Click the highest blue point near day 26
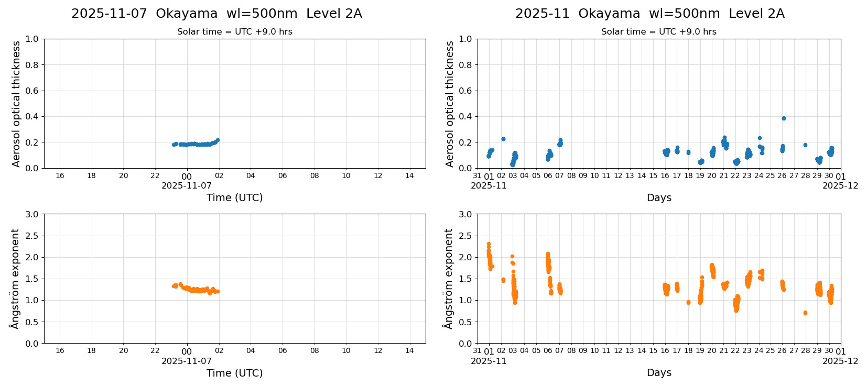click(784, 118)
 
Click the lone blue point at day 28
click(805, 145)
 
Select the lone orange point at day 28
click(805, 313)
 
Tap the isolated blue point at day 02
click(503, 139)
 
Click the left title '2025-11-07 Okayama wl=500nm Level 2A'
click(216, 14)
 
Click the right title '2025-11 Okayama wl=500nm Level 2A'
click(649, 14)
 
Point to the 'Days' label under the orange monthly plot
click(659, 373)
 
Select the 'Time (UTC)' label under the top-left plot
click(234, 197)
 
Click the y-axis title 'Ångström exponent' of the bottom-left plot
click(15, 279)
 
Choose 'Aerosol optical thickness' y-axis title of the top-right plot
click(450, 104)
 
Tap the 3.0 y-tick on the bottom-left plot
click(32, 214)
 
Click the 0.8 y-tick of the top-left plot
click(32, 65)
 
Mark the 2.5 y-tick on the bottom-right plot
click(465, 236)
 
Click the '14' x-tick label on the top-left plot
click(409, 175)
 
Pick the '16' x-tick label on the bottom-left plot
click(60, 350)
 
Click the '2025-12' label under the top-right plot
click(840, 185)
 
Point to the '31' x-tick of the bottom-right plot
click(477, 350)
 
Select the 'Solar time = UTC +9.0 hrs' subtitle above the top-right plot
click(658, 32)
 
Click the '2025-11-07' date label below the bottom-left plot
click(187, 361)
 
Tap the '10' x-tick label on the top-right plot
click(594, 175)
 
